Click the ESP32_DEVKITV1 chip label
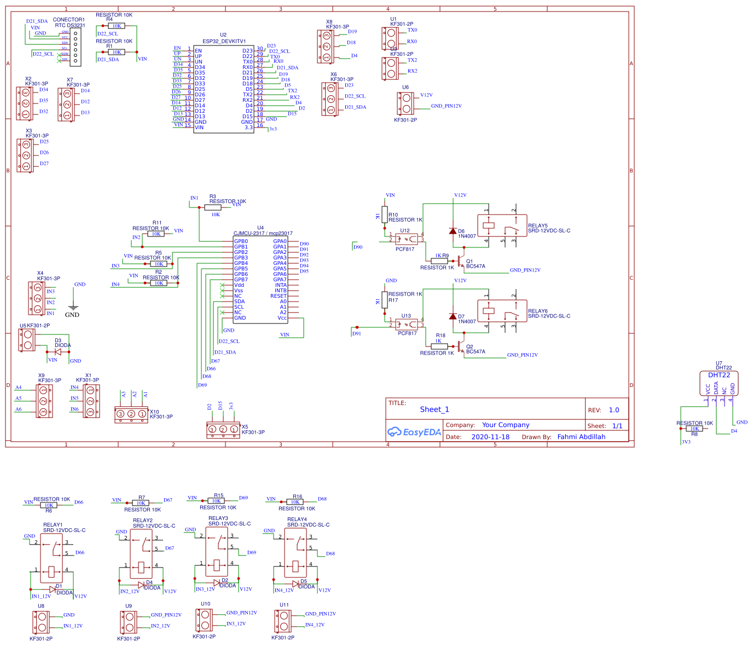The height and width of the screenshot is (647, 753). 224,41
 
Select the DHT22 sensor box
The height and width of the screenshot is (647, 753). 719,383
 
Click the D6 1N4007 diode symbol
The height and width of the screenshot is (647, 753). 453,231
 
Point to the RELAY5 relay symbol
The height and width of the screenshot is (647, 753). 502,226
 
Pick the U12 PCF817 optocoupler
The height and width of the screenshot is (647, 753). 406,239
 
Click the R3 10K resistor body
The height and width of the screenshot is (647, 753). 213,207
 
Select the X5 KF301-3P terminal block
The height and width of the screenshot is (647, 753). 223,430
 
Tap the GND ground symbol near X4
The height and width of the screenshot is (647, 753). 73,308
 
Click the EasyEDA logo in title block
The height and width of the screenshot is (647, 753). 414,432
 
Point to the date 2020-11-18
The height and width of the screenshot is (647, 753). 490,437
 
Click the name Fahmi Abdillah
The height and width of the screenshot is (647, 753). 581,437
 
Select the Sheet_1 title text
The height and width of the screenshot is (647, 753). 434,409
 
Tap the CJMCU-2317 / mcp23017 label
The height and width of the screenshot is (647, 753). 263,233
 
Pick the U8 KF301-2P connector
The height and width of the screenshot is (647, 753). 41,622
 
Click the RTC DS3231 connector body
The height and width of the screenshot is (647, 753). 76,47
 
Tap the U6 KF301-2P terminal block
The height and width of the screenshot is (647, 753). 406,103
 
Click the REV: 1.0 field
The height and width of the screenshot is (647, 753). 606,410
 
